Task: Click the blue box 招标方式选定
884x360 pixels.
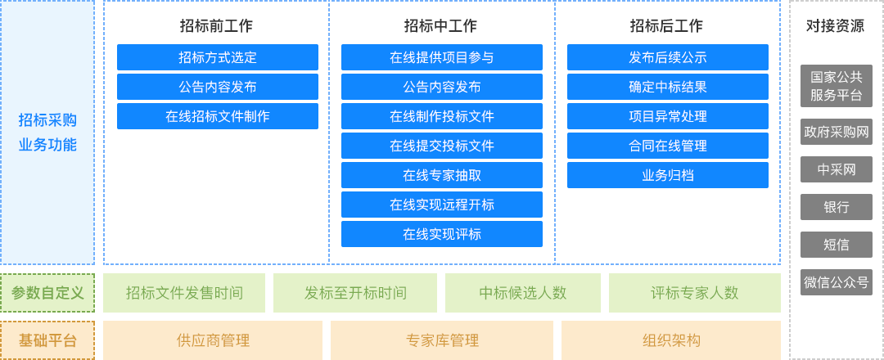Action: [x=218, y=57]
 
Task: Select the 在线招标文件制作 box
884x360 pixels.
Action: [x=218, y=116]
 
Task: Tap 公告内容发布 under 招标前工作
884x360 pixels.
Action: [x=218, y=87]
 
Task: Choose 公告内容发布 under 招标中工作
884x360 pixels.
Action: [x=442, y=87]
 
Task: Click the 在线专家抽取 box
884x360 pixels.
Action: [x=442, y=175]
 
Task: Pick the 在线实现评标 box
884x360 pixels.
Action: [x=442, y=234]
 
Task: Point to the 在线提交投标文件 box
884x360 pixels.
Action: [x=442, y=146]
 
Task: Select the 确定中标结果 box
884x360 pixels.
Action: [x=668, y=87]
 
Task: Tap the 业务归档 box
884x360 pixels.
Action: [x=668, y=175]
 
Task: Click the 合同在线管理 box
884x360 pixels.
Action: [x=668, y=146]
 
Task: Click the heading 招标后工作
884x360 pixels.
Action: [x=666, y=26]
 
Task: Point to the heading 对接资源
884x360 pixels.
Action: [x=836, y=26]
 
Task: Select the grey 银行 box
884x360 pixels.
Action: [x=836, y=207]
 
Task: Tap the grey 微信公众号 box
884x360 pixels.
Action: [x=836, y=282]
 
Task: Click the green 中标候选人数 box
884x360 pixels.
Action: [x=522, y=293]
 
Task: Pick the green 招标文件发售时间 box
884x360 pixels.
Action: [x=184, y=293]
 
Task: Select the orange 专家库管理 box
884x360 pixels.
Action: [x=442, y=340]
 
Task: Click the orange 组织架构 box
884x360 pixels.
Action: [x=671, y=340]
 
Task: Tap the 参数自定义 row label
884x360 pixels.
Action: [x=47, y=293]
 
